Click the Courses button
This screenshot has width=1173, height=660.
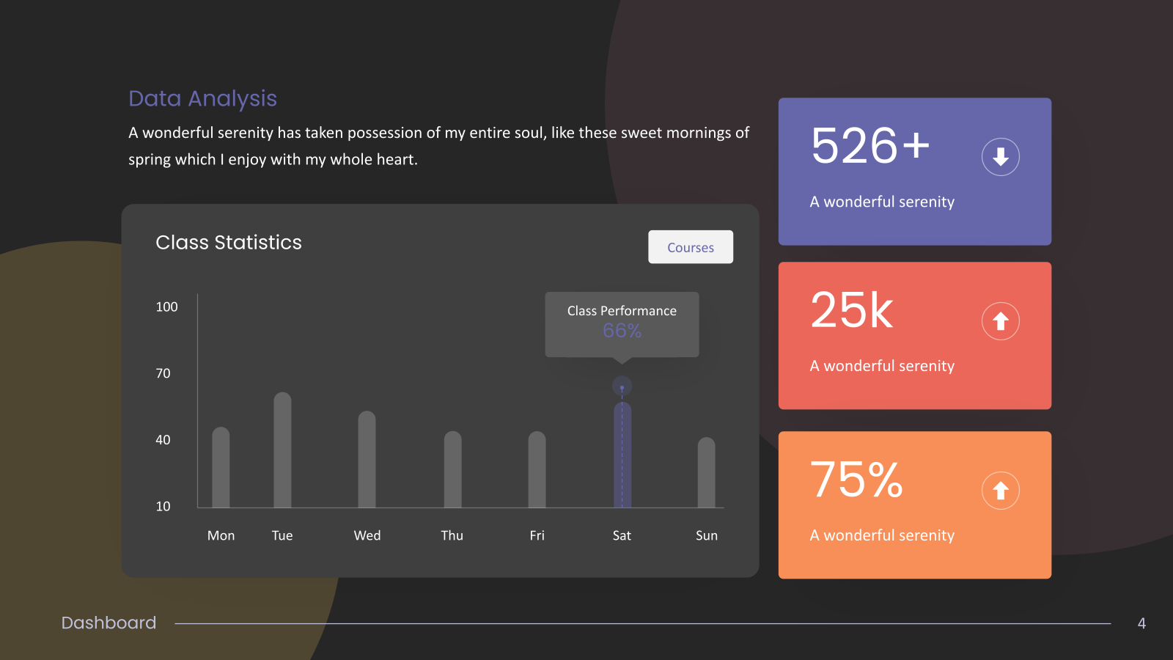click(690, 246)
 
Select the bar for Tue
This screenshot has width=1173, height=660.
click(282, 450)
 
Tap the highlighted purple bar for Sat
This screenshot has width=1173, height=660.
click(622, 455)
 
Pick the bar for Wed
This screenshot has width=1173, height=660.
click(367, 459)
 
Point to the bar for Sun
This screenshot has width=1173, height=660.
click(706, 472)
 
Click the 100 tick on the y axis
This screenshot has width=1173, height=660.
click(166, 307)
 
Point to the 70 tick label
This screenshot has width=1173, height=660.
click(163, 373)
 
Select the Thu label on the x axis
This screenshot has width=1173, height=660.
click(452, 535)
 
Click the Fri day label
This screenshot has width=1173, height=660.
click(537, 535)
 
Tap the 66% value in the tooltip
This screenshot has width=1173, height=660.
click(622, 331)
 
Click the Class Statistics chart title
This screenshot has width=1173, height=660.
click(229, 243)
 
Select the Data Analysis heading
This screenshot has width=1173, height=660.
click(202, 99)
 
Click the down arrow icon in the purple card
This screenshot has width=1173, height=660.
click(1000, 157)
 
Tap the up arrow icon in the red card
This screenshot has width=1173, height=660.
click(1000, 321)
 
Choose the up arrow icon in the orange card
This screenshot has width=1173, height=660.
click(1000, 491)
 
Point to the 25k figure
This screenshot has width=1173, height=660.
click(851, 310)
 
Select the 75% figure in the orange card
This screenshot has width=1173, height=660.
click(856, 480)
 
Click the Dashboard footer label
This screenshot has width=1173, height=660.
click(109, 623)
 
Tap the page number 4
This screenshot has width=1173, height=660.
click(1141, 623)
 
